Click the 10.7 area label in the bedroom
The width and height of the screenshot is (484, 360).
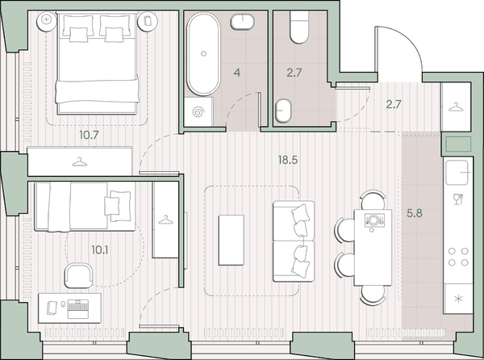[89, 135]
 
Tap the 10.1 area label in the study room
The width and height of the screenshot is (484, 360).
[100, 249]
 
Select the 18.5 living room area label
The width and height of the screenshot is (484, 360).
[288, 160]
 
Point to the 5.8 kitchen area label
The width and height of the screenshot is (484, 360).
[415, 213]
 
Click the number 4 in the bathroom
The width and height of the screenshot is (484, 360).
[236, 73]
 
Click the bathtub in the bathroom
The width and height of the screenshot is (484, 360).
[203, 54]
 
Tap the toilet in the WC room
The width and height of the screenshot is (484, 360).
[299, 27]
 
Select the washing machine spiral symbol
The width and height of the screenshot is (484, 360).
[198, 112]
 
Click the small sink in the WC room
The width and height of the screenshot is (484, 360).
[283, 111]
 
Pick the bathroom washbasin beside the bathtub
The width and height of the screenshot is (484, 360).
[242, 22]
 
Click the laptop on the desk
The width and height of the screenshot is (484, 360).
[78, 309]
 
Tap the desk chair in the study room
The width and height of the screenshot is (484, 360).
[78, 275]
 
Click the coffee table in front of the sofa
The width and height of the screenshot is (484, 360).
[232, 240]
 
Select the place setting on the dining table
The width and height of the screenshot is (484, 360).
[374, 220]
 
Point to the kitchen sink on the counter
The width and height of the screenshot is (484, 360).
[458, 172]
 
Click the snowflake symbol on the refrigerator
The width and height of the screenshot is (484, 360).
[459, 299]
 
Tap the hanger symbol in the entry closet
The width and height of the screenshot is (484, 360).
[456, 107]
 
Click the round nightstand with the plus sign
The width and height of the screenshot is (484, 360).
[47, 21]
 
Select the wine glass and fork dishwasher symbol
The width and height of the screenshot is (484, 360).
[458, 199]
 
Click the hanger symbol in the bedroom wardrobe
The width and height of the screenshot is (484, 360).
[80, 161]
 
